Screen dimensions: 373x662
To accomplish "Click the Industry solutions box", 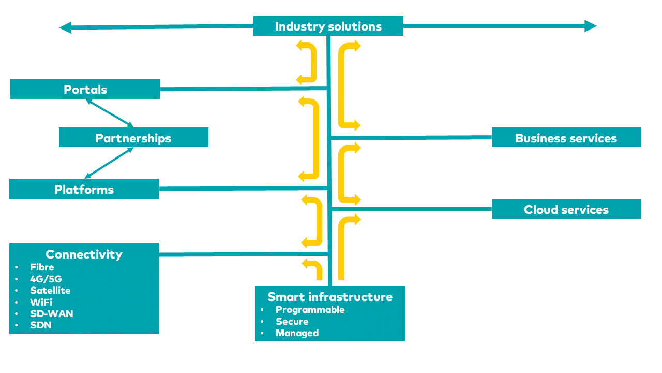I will point(328,26).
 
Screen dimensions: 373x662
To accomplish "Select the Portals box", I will point(85,89).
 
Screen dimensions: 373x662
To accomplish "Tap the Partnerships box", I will point(133,138).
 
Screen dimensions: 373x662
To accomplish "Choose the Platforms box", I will point(84,189).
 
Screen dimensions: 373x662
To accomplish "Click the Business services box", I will point(566,138).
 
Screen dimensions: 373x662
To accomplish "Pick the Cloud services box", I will point(566,209).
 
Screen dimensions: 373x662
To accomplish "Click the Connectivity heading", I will point(84,254).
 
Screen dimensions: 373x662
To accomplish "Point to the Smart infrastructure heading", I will point(330,297).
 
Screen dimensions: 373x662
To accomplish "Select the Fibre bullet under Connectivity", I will point(42,267).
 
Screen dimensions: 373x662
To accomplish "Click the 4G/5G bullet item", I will point(46,279).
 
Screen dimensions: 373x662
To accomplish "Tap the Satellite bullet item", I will point(50,291).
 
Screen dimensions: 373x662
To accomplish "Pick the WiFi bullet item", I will point(41,302).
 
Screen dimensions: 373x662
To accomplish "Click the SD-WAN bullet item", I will point(51,314).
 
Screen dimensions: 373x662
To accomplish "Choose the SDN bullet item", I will point(40,325).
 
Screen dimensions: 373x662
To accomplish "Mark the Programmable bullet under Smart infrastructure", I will point(310,310).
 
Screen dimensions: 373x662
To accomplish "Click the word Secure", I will point(292,322).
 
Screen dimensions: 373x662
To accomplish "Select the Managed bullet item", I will point(297,333).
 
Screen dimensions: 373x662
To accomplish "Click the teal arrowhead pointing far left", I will point(65,27).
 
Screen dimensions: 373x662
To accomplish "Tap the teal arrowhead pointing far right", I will point(591,26).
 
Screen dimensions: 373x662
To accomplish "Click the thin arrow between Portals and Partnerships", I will point(110,113).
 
